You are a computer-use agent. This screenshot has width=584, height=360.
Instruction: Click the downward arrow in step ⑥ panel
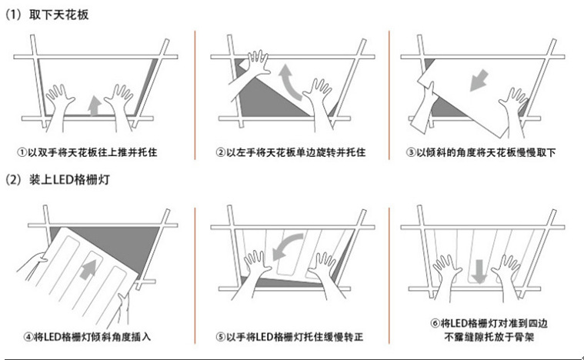478,270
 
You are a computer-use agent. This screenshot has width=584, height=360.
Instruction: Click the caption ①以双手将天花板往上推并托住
95,152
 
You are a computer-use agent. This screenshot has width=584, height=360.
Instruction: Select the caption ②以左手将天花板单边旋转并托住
289,152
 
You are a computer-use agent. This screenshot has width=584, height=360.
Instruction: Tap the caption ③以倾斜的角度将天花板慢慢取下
480,152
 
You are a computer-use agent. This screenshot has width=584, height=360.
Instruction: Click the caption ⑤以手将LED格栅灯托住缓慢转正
289,337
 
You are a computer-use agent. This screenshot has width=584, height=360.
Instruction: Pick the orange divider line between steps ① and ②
195,85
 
